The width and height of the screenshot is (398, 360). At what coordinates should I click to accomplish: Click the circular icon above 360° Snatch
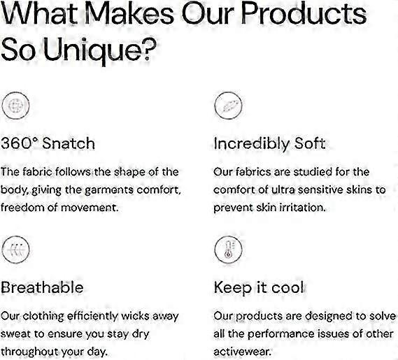[15, 106]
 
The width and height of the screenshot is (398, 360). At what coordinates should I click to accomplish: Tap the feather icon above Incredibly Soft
[228, 106]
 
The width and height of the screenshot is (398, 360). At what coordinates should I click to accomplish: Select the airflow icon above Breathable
[15, 250]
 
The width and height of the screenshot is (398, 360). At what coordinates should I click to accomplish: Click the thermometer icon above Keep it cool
[228, 250]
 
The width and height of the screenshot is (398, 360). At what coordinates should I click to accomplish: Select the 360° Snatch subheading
[48, 143]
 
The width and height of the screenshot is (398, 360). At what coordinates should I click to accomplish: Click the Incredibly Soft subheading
[269, 143]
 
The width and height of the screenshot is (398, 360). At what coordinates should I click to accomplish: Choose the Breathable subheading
[42, 287]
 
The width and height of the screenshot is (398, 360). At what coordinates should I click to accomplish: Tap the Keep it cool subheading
[259, 288]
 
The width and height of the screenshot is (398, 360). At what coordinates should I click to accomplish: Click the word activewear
[243, 352]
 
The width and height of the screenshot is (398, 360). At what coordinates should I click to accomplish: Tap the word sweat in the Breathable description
[15, 334]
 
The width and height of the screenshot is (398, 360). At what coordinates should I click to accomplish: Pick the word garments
[109, 190]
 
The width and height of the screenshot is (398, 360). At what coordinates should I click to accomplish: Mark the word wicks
[136, 316]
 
